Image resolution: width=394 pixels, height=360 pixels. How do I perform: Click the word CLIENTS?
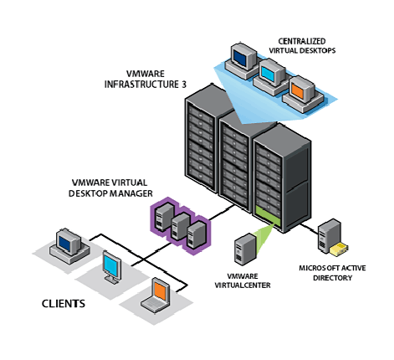[x=64, y=304]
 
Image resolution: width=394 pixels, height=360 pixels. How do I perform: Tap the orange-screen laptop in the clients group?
[x=156, y=295]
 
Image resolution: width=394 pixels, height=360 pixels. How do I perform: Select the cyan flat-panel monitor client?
[x=112, y=267]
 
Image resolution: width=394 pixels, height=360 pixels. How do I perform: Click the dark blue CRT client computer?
[x=69, y=246]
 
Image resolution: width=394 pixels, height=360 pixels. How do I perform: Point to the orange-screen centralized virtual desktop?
[x=303, y=94]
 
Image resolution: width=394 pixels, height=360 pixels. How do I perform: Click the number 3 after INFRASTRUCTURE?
[x=184, y=85]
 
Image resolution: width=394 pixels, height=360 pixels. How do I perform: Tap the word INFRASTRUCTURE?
[x=141, y=85]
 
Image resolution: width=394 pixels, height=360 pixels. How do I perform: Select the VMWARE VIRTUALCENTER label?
[x=243, y=280]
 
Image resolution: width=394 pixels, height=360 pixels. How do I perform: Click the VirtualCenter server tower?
[x=245, y=249]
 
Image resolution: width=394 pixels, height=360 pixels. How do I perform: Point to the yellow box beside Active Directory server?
[x=339, y=249]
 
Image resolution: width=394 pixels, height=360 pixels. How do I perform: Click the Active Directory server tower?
[x=330, y=236]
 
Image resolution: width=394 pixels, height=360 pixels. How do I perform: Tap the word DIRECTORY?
[x=332, y=278]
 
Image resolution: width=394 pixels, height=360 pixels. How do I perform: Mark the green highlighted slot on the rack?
[x=268, y=216]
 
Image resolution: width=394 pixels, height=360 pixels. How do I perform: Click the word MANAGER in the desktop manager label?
[x=131, y=193]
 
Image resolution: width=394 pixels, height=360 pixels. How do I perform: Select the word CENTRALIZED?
[x=302, y=41]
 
